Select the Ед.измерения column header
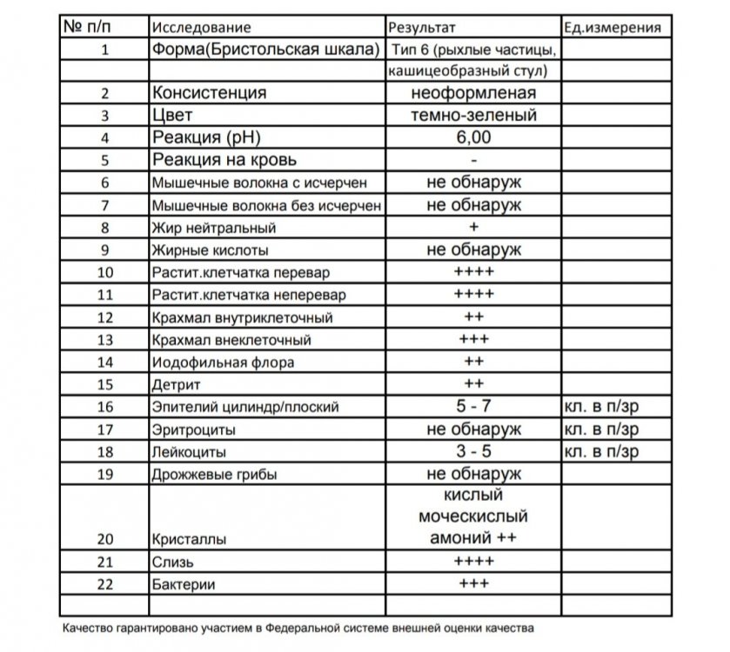(612, 28)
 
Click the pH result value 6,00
(473, 137)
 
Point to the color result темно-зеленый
(473, 115)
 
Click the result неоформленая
(473, 93)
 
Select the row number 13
(105, 340)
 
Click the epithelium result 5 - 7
(473, 407)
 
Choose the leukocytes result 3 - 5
(473, 452)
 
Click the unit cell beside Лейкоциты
(601, 452)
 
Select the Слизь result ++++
(473, 562)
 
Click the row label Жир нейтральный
(213, 229)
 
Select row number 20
(105, 539)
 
